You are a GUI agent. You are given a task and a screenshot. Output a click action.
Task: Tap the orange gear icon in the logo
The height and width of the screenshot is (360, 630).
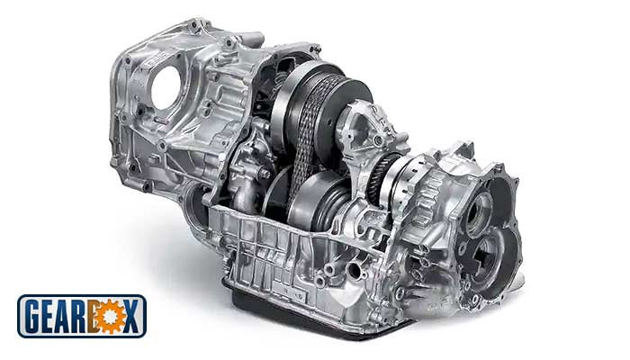tap(109, 317)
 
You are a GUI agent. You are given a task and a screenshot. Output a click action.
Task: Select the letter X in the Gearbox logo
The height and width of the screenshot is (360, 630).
tap(132, 317)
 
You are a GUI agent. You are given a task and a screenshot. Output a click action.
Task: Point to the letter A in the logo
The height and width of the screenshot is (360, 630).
tap(68, 316)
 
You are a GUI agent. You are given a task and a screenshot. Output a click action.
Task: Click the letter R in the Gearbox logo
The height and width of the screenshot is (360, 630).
tap(86, 316)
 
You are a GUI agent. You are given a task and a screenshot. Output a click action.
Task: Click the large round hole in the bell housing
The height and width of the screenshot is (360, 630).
tap(165, 87)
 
